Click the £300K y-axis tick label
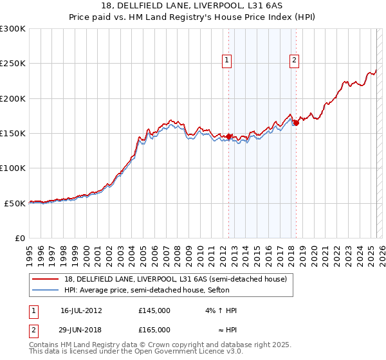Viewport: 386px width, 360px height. point(13,29)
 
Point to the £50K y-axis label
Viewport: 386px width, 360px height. point(15,203)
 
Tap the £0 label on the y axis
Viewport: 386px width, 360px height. point(20,238)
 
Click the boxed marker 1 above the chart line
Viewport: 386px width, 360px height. point(228,61)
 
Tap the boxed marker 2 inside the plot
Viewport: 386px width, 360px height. point(294,61)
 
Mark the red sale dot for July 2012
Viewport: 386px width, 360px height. point(228,136)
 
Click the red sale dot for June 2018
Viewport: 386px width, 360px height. point(296,123)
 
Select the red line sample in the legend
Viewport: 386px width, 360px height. point(46,278)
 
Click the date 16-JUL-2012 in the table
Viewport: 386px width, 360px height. point(81,310)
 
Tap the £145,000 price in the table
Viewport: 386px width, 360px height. point(154,310)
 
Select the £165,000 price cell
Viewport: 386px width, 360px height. point(154,330)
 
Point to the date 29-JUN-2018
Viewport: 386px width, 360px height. point(81,330)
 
